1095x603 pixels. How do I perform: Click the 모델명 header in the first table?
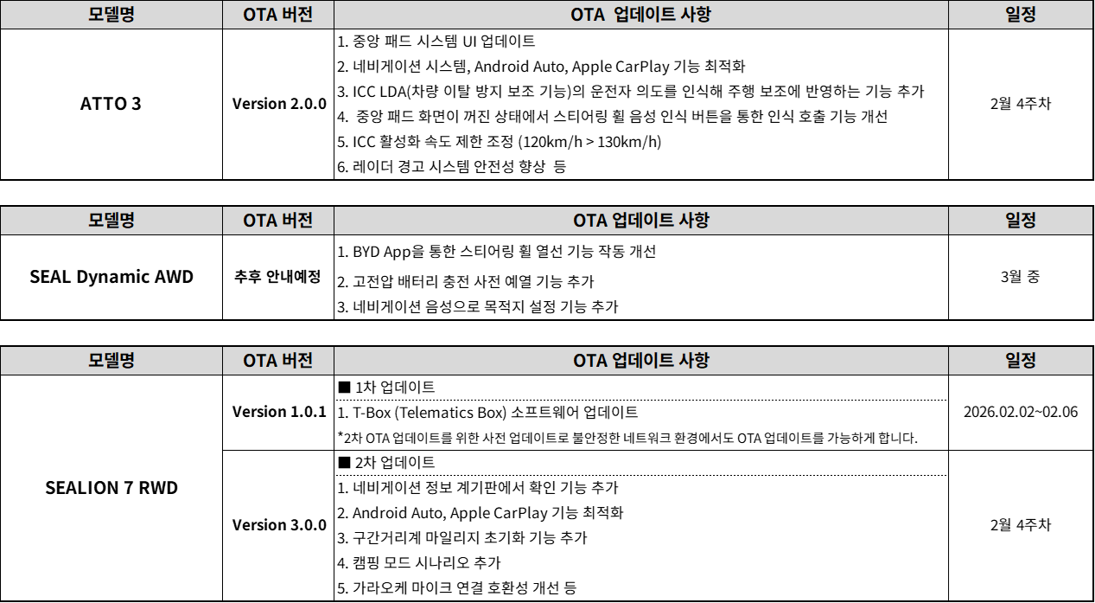click(111, 15)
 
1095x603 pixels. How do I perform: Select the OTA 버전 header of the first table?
click(277, 15)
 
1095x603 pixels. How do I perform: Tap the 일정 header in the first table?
click(1021, 15)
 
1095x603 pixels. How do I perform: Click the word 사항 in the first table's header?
click(694, 15)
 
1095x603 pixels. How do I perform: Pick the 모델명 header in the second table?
click(111, 221)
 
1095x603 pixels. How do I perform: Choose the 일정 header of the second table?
click(1021, 221)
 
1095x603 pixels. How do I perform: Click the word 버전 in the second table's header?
click(296, 221)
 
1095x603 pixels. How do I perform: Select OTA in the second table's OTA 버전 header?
click(259, 221)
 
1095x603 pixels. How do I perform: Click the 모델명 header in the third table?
click(111, 361)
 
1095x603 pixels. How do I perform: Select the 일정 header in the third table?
click(1021, 361)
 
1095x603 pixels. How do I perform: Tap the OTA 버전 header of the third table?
click(277, 361)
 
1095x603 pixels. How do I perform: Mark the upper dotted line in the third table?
click(640, 400)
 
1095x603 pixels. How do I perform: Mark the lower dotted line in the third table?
click(640, 475)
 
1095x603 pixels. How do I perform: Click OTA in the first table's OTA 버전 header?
click(259, 15)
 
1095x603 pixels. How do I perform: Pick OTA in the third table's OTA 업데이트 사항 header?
click(590, 361)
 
